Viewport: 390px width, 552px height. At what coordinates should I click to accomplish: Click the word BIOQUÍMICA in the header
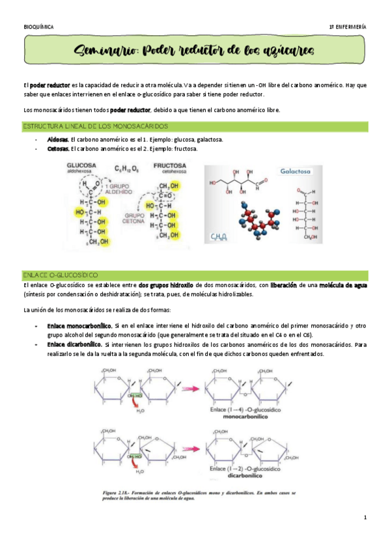38,26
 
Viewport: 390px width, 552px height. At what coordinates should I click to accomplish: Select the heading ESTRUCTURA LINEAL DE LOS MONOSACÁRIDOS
96,125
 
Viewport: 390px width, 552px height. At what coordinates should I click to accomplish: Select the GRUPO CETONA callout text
136,217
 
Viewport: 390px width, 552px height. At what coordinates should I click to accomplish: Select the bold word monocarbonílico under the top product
251,415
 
